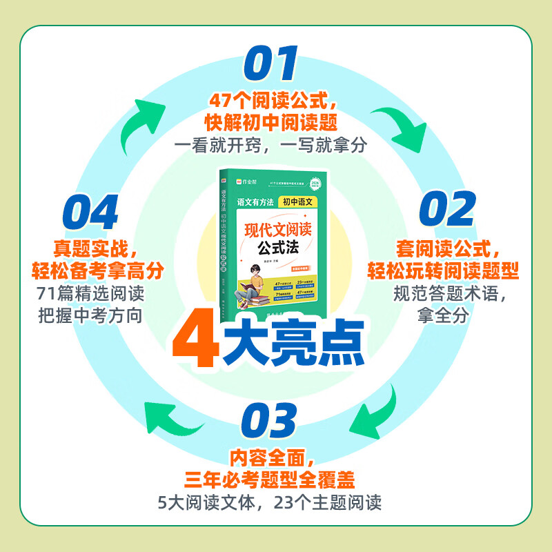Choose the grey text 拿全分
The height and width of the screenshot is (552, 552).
point(443,315)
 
